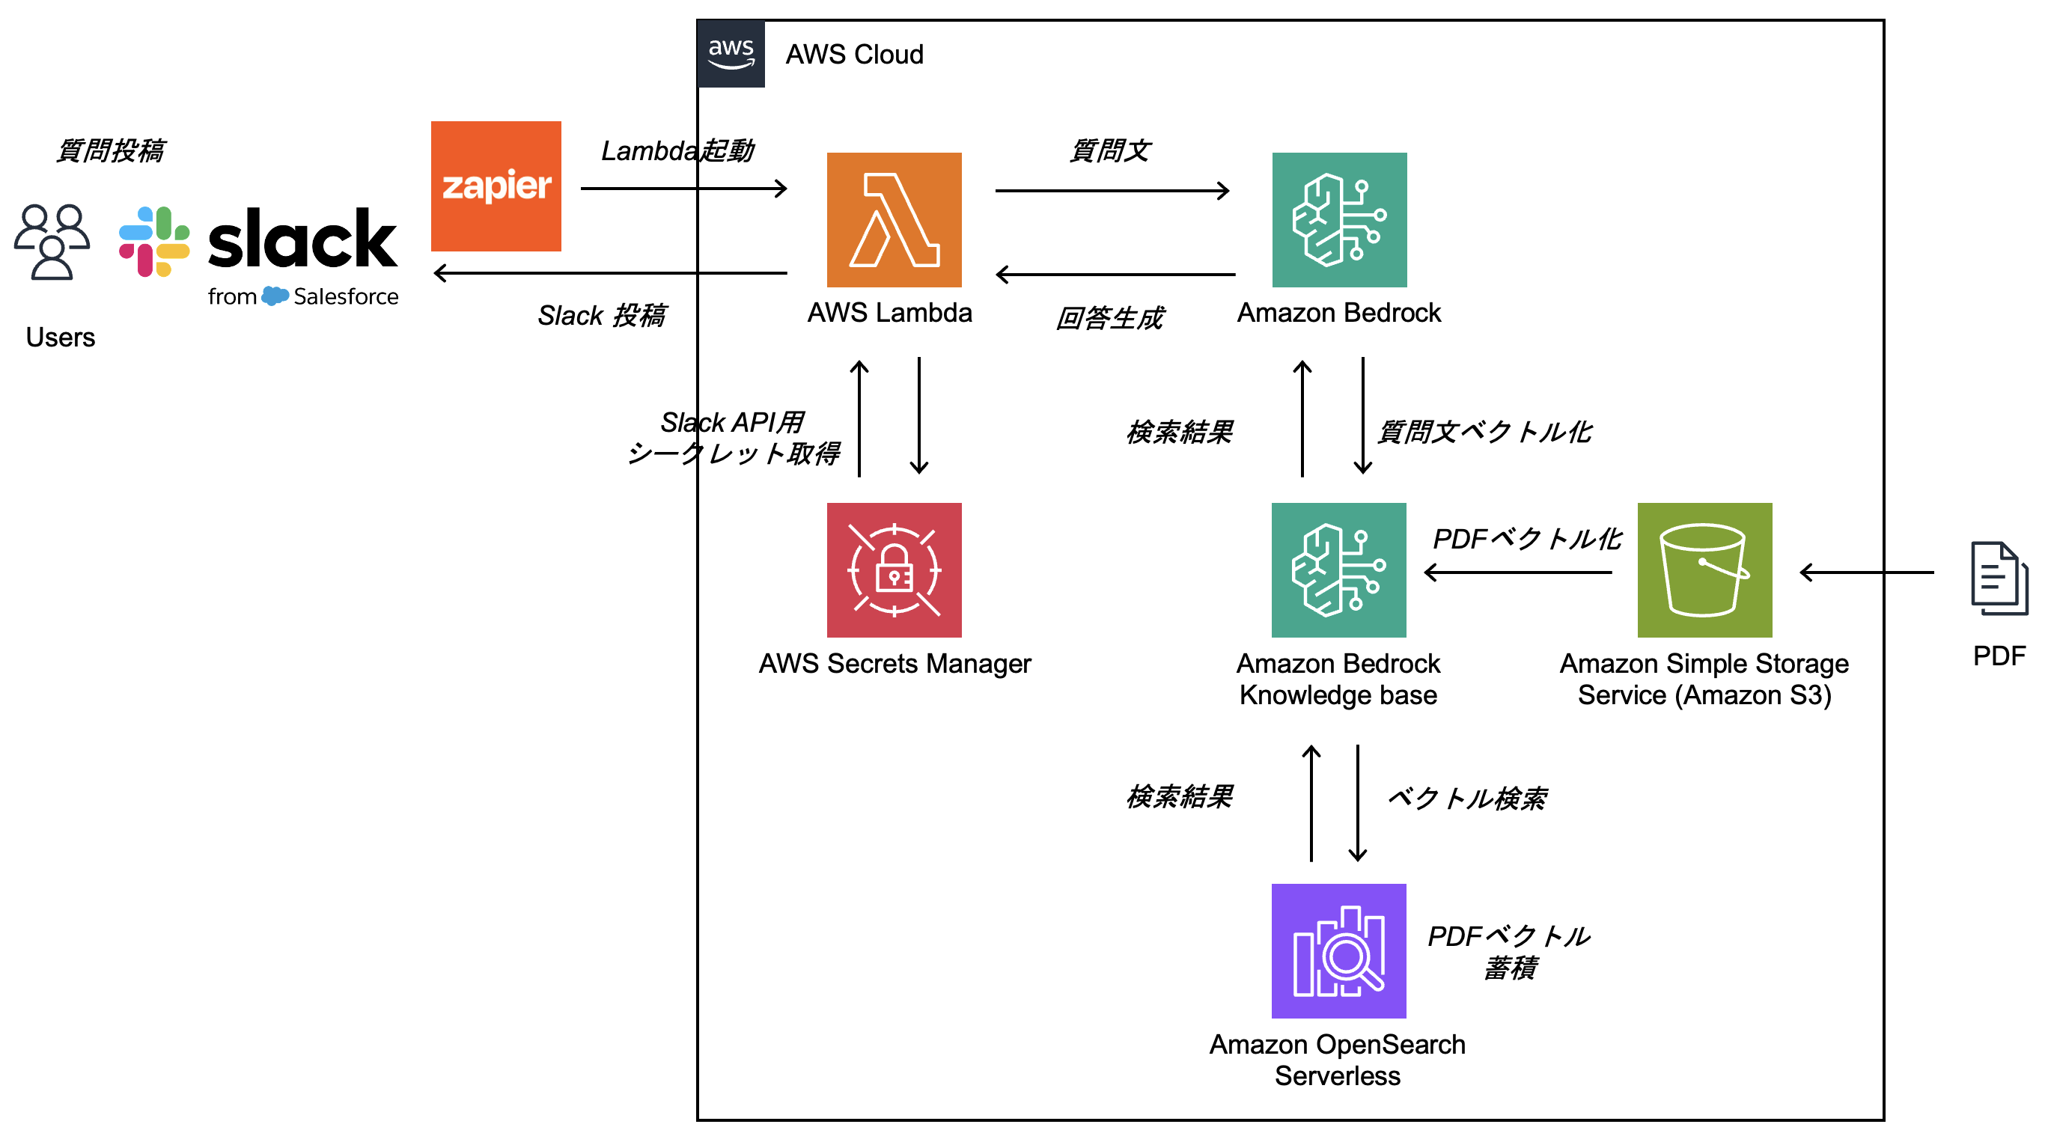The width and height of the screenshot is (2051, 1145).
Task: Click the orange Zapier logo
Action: coord(496,186)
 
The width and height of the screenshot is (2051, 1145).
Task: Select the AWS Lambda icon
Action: coord(893,220)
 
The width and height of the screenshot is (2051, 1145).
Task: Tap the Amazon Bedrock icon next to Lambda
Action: coord(1338,220)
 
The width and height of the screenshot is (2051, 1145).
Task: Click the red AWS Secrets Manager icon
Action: coord(893,570)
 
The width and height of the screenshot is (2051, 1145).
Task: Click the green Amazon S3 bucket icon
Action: coord(1704,570)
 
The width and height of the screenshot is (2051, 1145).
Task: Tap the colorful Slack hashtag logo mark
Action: coord(153,241)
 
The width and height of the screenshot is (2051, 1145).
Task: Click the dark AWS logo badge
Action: coord(730,53)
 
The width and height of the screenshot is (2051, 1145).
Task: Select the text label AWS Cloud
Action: coord(854,54)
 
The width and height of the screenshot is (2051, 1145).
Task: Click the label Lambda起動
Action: coord(677,150)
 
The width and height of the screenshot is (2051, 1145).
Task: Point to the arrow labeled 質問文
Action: coord(1112,190)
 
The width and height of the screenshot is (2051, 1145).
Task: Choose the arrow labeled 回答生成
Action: coord(1115,275)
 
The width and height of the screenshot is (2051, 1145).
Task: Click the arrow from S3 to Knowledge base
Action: coord(1517,572)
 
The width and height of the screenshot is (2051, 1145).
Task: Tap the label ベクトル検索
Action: coord(1466,798)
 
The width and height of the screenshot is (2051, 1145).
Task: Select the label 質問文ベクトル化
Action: coord(1484,432)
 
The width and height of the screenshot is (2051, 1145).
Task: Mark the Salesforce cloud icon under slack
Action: coord(275,296)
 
